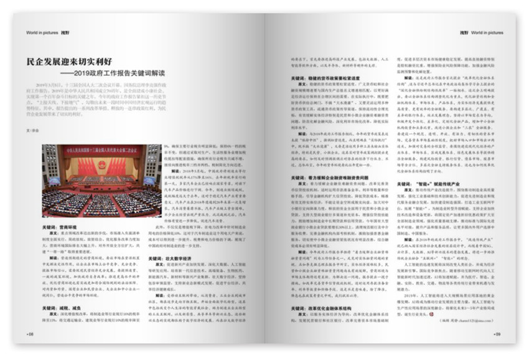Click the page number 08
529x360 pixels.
[x=30, y=334]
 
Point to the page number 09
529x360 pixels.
[x=497, y=334]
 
